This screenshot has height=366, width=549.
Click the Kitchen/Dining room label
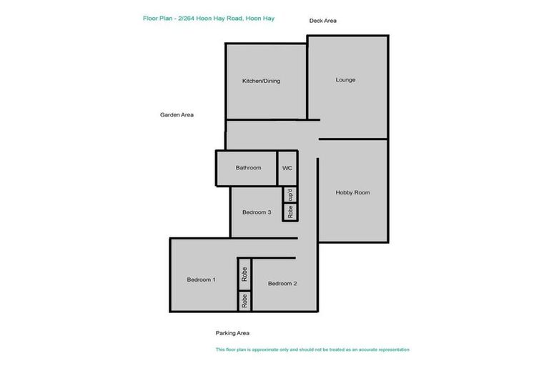click(x=261, y=81)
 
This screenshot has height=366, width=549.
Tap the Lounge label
click(x=345, y=79)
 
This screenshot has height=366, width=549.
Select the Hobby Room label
click(x=352, y=192)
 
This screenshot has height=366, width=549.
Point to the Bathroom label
click(x=248, y=167)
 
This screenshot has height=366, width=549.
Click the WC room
click(x=287, y=167)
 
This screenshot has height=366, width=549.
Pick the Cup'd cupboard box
click(x=290, y=194)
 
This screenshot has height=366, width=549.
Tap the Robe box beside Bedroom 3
click(x=290, y=212)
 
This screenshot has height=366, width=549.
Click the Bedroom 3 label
click(x=256, y=212)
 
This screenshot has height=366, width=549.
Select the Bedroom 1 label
click(x=201, y=280)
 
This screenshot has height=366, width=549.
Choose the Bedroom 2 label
click(x=282, y=283)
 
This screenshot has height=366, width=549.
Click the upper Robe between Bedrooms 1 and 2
click(x=244, y=274)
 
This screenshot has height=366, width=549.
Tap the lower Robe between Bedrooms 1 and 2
click(x=244, y=301)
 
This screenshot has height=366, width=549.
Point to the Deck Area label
click(x=322, y=21)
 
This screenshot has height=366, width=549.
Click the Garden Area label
click(x=177, y=114)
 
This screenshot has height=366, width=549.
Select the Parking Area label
click(x=232, y=332)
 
